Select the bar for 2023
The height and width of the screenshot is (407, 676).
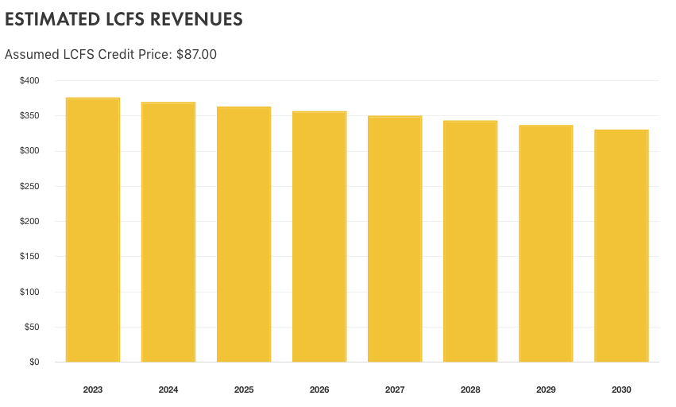point(93,231)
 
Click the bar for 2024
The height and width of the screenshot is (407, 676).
point(168,232)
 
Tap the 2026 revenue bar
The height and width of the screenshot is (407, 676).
point(319,237)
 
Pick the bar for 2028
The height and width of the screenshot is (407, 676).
point(470,242)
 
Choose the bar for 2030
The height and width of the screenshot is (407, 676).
point(621,246)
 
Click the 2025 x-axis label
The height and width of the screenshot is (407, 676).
point(244,390)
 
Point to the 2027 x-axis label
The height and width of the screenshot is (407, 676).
point(395,390)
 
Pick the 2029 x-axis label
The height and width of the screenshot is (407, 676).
point(546,390)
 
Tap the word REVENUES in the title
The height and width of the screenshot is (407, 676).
point(194,19)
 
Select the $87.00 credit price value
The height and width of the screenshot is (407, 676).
point(196,55)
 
